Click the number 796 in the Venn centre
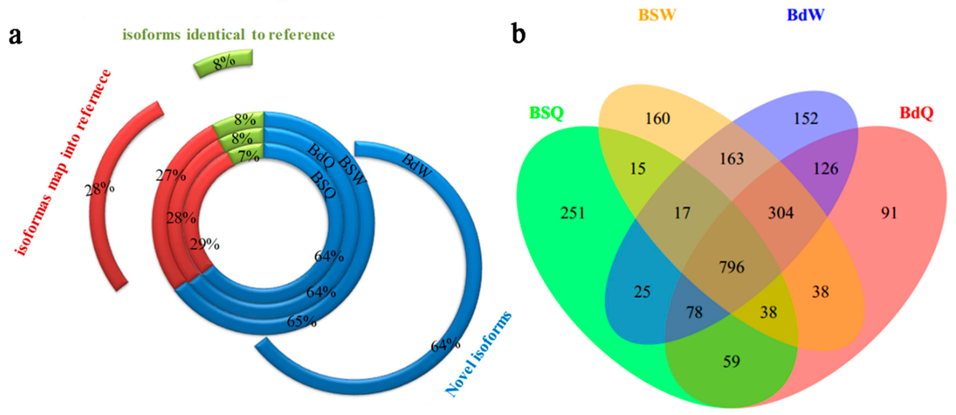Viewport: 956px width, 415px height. pyautogui.click(x=732, y=267)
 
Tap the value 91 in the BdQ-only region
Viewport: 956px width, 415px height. pyautogui.click(x=889, y=213)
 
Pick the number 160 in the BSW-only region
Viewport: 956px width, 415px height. pyautogui.click(x=657, y=119)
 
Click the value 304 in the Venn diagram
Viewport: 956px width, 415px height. pyautogui.click(x=781, y=213)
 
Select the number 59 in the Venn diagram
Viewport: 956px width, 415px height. pyautogui.click(x=731, y=361)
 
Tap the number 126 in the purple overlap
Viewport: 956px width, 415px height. pyautogui.click(x=825, y=169)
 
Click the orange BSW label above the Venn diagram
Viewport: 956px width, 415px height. pyautogui.click(x=657, y=15)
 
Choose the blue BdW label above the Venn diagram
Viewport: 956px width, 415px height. pyautogui.click(x=805, y=15)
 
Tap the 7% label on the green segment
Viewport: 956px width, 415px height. pyautogui.click(x=248, y=156)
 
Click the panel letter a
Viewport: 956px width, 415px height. pyautogui.click(x=15, y=36)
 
